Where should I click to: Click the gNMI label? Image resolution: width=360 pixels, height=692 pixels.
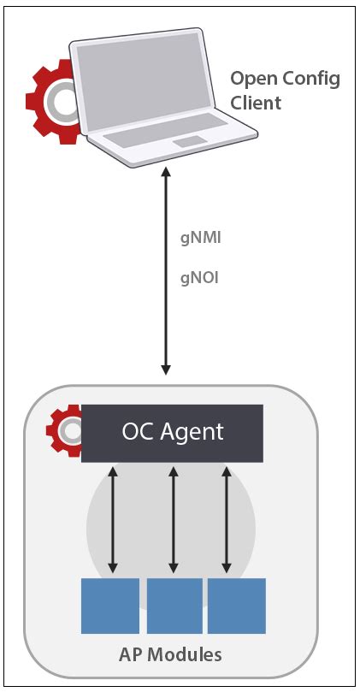200,239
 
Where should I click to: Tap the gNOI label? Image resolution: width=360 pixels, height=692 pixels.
200,277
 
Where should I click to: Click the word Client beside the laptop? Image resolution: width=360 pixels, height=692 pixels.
256,103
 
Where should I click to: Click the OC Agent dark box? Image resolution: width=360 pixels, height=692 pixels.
172,432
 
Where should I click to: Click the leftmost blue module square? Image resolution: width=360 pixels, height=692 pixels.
110,606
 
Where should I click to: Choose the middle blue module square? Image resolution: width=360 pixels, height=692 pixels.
174,606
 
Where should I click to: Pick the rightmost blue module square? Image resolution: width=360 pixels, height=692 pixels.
237,606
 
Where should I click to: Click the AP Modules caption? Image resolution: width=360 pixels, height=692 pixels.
169,655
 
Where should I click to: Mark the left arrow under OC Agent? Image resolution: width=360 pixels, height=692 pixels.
111,518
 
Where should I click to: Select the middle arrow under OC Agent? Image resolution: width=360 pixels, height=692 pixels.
174,518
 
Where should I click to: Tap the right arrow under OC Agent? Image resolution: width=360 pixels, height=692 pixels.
227,518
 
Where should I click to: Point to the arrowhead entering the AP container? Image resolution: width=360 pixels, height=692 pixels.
167,370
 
